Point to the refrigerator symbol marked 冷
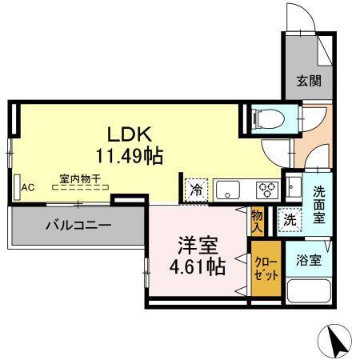(195, 190)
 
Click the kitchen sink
(230, 190)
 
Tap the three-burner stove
(266, 190)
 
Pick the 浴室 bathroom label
(309, 259)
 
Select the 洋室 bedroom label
(197, 245)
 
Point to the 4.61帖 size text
(197, 267)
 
